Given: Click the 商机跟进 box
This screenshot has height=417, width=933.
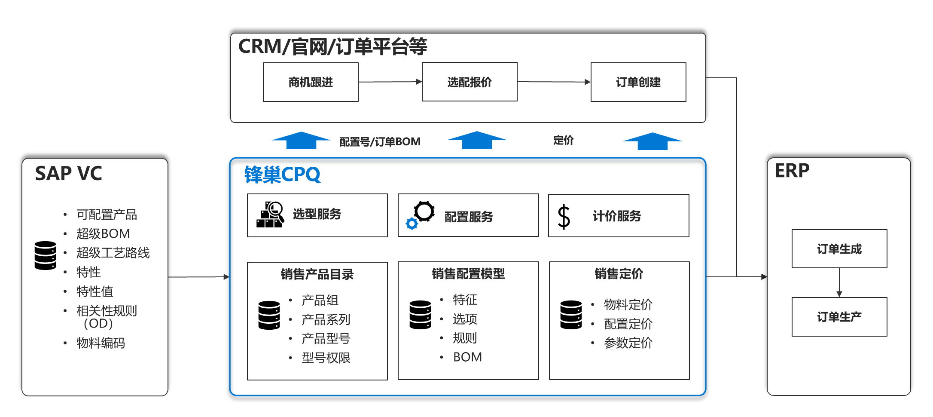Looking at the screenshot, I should tap(311, 82).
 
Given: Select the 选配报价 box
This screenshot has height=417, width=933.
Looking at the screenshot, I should tap(470, 82).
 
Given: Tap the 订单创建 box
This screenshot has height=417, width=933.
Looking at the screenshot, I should tap(638, 82).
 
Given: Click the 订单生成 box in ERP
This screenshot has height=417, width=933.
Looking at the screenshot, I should tap(839, 249).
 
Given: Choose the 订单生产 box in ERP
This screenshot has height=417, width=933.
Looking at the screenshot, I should tap(839, 317).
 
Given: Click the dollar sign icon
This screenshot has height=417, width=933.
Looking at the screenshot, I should tap(564, 216).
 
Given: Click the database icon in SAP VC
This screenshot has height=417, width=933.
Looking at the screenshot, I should tap(45, 255).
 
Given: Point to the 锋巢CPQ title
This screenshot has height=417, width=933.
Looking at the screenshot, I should tap(282, 175).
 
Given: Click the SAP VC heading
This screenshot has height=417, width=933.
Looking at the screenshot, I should tap(68, 174).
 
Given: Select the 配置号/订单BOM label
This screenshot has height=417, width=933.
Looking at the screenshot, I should tap(380, 141).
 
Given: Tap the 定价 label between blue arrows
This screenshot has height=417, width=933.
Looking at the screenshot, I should tap(563, 140).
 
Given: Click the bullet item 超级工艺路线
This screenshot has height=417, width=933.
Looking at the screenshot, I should tap(113, 253).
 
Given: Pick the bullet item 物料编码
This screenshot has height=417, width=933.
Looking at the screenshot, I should tap(101, 343).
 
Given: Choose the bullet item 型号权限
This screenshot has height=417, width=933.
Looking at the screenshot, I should tap(326, 358).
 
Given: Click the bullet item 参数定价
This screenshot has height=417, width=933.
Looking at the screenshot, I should tap(628, 343).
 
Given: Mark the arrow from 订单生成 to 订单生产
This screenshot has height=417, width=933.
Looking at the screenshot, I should tap(839, 282).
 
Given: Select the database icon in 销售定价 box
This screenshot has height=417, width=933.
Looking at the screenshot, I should tap(571, 315).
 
